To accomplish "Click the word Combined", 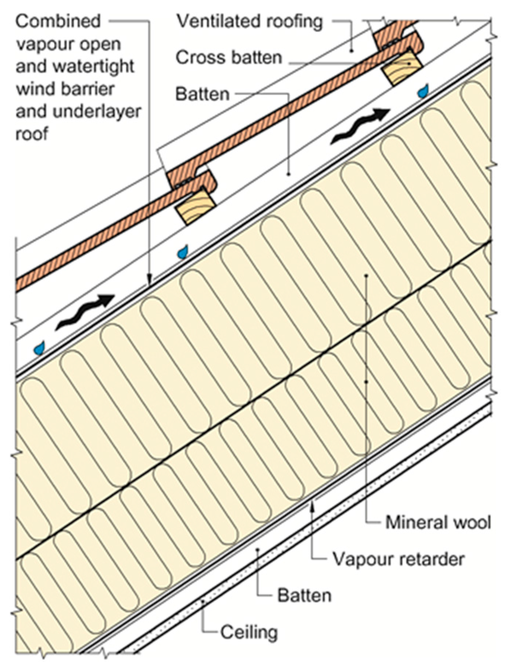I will click(x=58, y=21).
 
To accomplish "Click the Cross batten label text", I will click(x=229, y=58).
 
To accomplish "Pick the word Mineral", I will click(x=415, y=522).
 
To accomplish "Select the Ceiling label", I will click(x=249, y=632).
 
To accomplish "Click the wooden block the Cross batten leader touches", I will click(x=402, y=67).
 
